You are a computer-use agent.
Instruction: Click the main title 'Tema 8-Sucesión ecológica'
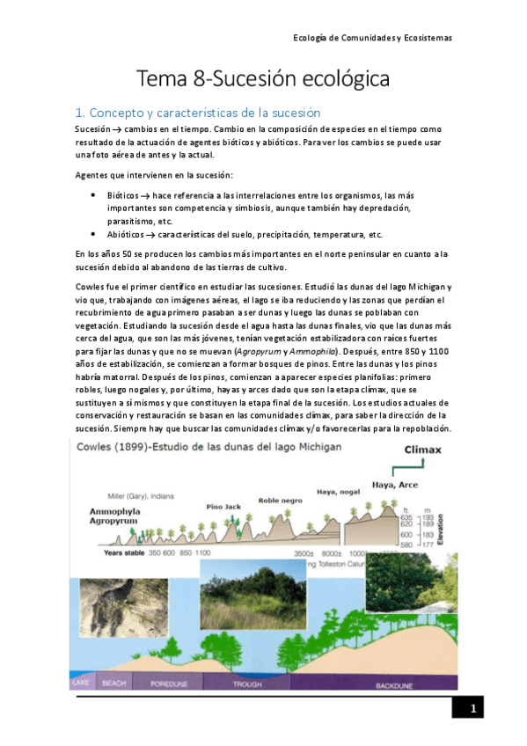click(263, 79)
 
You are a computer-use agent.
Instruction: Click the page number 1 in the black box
click(472, 709)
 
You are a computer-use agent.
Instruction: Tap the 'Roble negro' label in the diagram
click(280, 500)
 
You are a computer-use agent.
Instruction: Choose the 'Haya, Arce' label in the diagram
click(395, 484)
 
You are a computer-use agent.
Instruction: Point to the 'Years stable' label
click(123, 552)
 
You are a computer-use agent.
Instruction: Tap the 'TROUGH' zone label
click(248, 683)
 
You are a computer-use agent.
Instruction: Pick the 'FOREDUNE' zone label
click(169, 683)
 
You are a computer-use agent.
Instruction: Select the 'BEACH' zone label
click(114, 683)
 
